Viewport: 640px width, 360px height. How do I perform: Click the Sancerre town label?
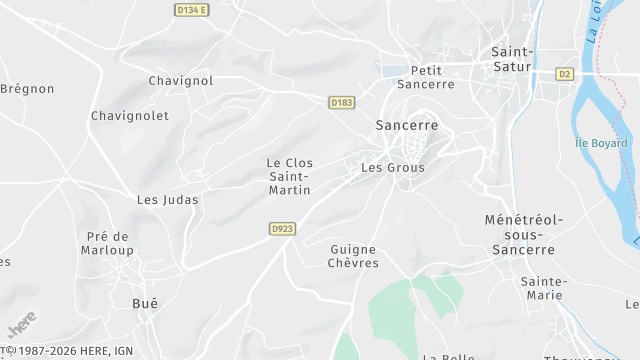407,126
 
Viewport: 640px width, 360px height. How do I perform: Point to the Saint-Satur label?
513,59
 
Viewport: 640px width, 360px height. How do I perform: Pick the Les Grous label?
393,168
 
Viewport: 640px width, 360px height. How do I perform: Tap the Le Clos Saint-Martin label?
289,176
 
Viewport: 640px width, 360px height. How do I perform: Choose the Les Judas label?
167,200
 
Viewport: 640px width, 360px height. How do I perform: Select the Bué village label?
145,302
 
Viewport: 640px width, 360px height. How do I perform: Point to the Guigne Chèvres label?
354,255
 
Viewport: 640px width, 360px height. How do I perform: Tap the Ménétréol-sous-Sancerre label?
524,234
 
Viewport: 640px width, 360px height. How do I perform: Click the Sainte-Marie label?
543,288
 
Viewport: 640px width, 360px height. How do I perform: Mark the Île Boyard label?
601,143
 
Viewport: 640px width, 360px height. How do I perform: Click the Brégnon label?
27,89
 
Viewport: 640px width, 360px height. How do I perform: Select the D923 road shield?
283,229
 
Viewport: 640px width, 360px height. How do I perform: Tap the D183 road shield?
341,102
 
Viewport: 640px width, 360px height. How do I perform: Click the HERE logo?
20,325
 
